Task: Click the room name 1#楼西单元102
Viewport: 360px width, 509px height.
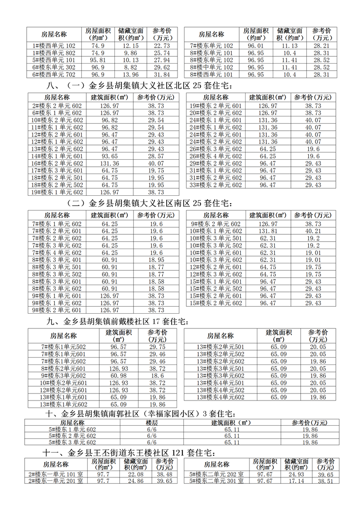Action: pos(54,45)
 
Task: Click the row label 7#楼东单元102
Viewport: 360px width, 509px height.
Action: pos(212,45)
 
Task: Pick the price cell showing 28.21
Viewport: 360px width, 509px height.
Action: pos(322,45)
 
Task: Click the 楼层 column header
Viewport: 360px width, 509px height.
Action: pos(152,422)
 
